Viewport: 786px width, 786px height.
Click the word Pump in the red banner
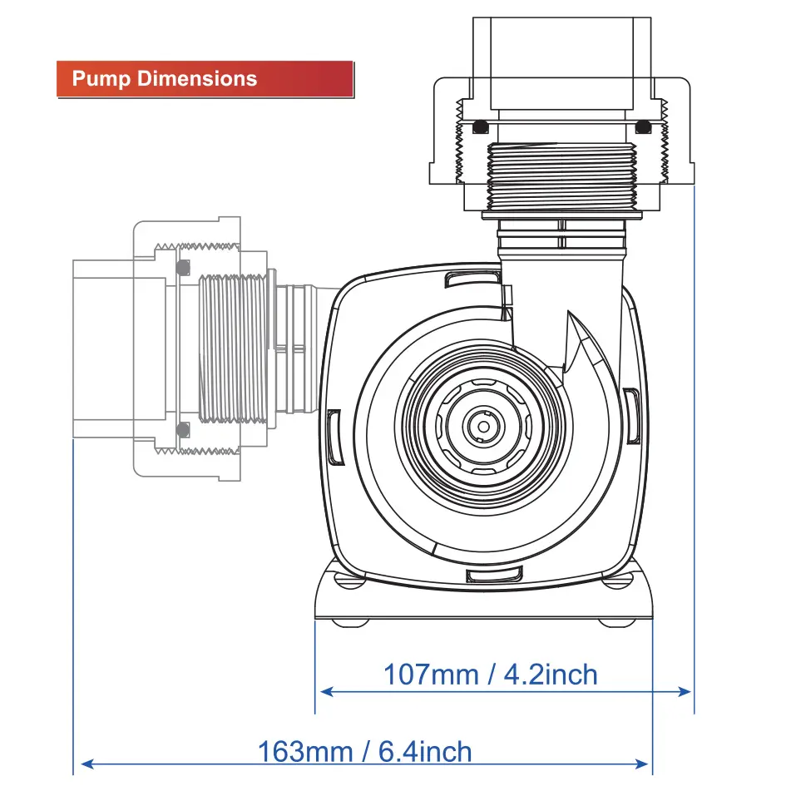[x=101, y=79]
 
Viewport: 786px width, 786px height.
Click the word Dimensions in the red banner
[x=197, y=78]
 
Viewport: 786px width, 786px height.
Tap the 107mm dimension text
[x=431, y=675]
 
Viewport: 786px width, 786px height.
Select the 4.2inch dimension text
[x=551, y=675]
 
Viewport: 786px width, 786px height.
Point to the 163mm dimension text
[x=305, y=751]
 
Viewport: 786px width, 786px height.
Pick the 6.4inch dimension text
[x=425, y=751]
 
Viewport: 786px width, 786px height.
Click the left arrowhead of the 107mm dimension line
[x=327, y=692]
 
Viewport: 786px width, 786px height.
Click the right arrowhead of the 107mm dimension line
[x=684, y=692]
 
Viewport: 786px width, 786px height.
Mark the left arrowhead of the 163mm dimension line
[x=87, y=764]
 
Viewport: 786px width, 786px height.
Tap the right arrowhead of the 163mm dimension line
[x=641, y=764]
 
